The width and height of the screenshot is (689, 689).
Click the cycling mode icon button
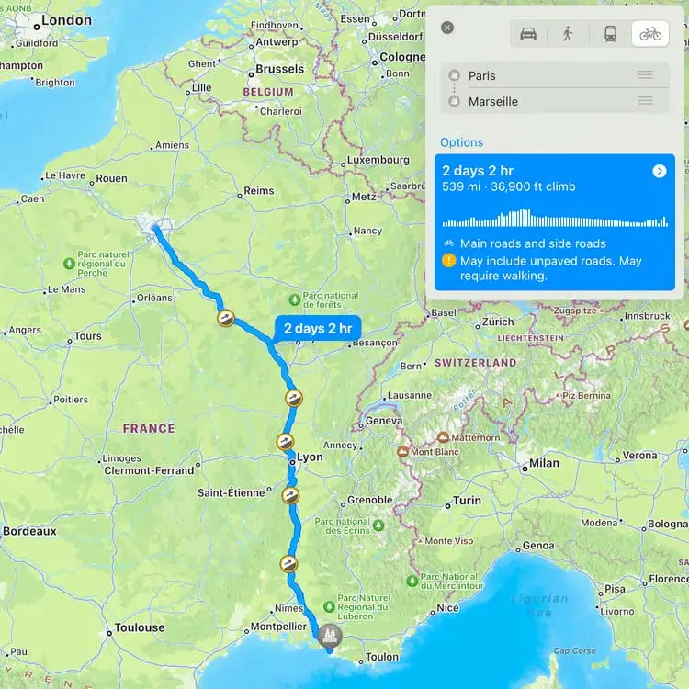pos(650,34)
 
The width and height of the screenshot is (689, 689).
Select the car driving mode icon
pos(528,34)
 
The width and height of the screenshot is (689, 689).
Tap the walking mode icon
pos(568,34)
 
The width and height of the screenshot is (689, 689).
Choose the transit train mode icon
pos(610,34)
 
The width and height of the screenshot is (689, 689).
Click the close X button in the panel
pos(447,28)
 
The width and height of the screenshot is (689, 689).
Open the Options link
pos(461,142)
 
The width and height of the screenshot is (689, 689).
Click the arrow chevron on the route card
pos(659,171)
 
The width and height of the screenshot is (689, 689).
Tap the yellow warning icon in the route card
pos(448,261)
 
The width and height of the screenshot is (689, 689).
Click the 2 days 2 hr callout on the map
pos(317,328)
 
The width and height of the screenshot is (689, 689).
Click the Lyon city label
pos(311,457)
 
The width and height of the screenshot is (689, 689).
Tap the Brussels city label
pos(279,69)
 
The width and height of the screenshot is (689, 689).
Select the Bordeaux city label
pos(29,531)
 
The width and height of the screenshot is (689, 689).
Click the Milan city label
pos(544,463)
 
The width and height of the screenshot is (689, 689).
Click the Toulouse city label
pos(140,628)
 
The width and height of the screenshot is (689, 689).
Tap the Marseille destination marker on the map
pos(329,635)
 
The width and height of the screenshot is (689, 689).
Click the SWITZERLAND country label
pos(476,363)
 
